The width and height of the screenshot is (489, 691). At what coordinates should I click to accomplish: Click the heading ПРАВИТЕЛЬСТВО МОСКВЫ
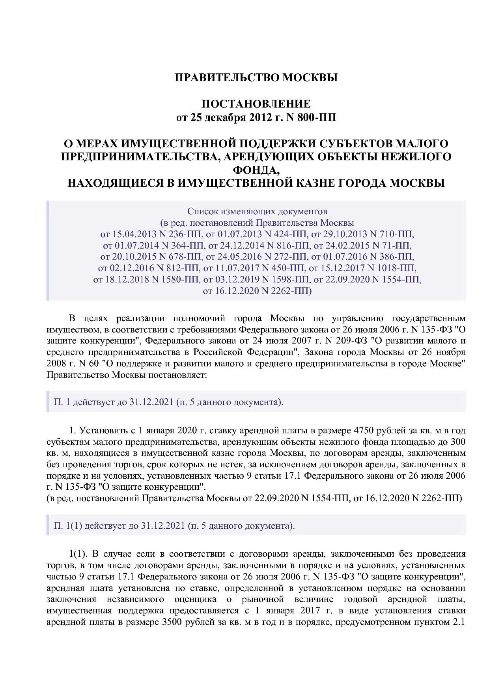pyautogui.click(x=256, y=78)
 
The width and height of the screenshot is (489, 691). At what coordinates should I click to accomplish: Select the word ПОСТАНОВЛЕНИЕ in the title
pyautogui.click(x=256, y=104)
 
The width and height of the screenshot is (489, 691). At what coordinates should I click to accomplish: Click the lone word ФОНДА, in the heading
pyautogui.click(x=256, y=170)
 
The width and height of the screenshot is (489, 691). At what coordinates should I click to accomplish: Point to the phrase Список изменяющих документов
pyautogui.click(x=257, y=211)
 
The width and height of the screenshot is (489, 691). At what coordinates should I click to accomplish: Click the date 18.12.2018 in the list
pyautogui.click(x=127, y=280)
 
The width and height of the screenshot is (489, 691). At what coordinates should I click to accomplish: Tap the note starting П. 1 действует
pyautogui.click(x=168, y=402)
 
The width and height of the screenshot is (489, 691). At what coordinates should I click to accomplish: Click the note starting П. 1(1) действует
pyautogui.click(x=174, y=526)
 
